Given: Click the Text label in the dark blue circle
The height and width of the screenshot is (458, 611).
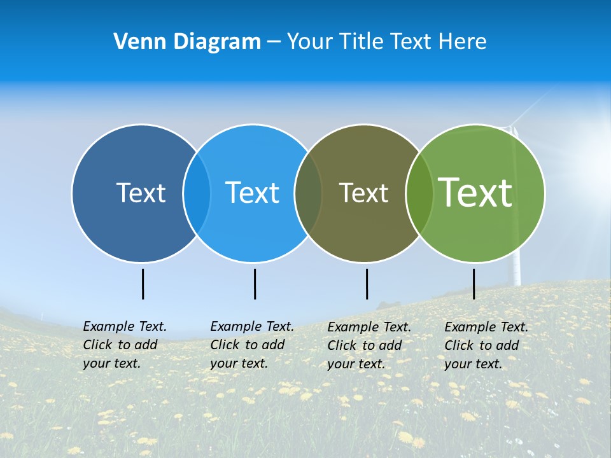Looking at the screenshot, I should (x=141, y=193).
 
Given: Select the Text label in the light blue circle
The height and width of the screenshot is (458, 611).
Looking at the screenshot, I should (x=253, y=193).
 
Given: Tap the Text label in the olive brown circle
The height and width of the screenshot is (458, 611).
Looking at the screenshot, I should (x=363, y=193).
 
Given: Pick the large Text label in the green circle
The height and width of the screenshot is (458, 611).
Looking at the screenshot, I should (x=475, y=192).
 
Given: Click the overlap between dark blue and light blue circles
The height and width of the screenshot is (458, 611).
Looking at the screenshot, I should (x=197, y=193).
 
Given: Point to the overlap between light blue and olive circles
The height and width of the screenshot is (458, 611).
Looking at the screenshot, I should (x=308, y=193).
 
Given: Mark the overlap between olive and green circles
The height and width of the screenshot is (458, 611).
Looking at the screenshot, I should (x=419, y=193).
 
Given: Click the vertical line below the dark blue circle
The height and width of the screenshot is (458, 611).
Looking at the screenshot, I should (x=143, y=284).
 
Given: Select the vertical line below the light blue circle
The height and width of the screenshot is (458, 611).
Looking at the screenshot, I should (x=255, y=284).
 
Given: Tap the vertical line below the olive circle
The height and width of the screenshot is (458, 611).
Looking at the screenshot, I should (x=367, y=284).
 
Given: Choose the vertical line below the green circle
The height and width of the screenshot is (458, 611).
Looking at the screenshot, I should (x=474, y=284).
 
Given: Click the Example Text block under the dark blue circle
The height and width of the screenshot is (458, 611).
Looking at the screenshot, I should (x=124, y=345).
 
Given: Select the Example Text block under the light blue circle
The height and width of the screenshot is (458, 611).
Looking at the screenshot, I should (x=251, y=345).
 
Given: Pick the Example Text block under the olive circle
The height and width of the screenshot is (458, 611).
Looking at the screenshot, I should (x=369, y=345).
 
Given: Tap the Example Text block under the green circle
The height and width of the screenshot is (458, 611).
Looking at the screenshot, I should (x=486, y=345).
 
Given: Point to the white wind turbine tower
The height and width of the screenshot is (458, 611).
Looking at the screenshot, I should (x=516, y=270).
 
